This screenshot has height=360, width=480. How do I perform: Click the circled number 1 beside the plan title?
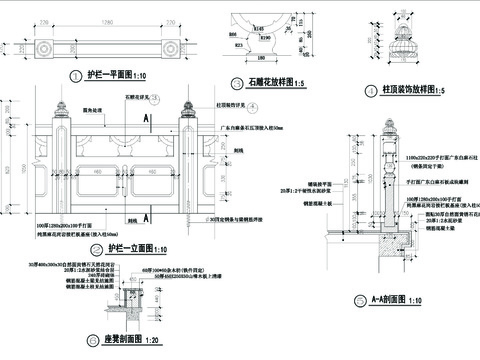(x=76, y=76)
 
